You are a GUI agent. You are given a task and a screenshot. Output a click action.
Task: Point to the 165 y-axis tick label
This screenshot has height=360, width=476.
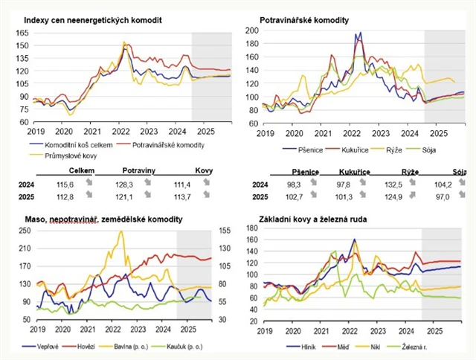click(x=21, y=33)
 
